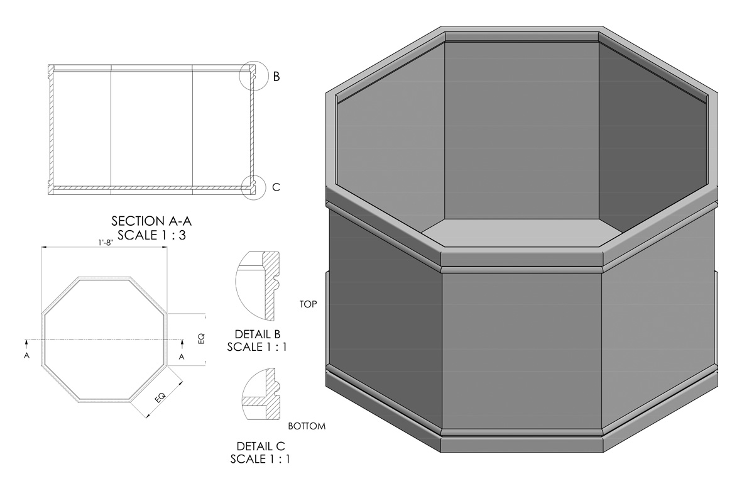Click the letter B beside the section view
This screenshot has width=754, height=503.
click(x=276, y=77)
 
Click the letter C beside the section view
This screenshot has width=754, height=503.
click(x=276, y=187)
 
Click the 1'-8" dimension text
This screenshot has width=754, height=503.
click(x=106, y=243)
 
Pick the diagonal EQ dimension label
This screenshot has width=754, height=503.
click(x=160, y=397)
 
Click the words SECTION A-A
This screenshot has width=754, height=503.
click(x=151, y=221)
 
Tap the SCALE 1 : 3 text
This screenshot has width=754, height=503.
click(x=151, y=235)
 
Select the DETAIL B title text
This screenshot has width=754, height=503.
click(x=258, y=334)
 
